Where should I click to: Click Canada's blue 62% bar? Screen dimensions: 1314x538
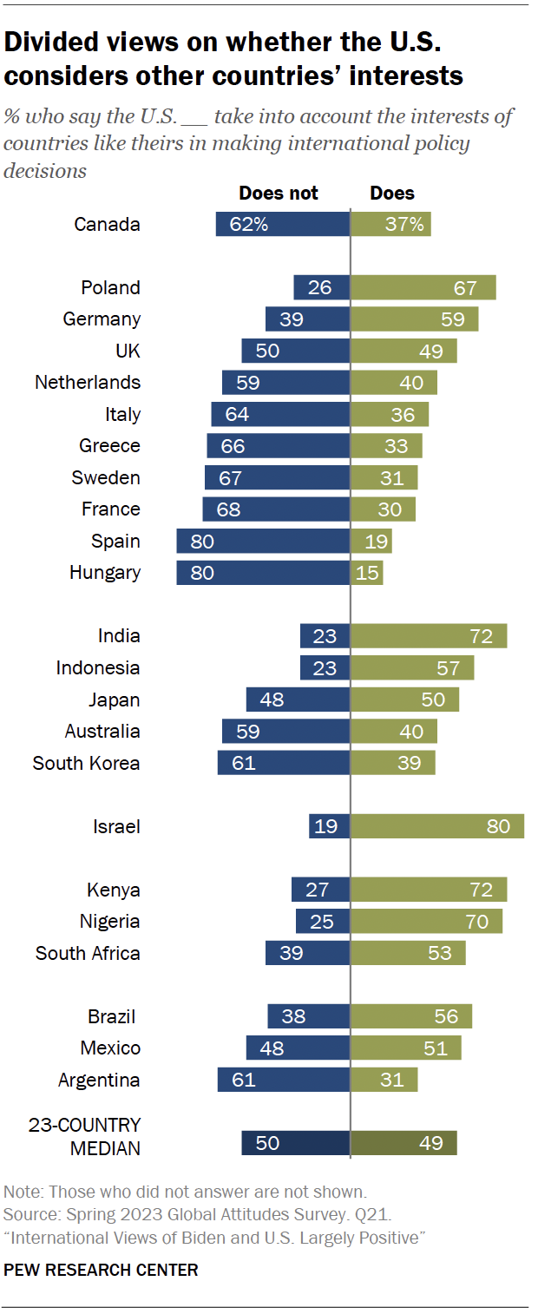[x=283, y=224]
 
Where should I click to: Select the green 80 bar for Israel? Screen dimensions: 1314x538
[x=437, y=826]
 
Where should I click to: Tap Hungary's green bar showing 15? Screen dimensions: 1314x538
[x=366, y=573]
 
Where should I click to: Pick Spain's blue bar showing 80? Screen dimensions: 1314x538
[x=263, y=541]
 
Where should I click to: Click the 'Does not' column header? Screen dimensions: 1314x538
[x=279, y=193]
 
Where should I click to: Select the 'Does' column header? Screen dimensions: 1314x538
[x=392, y=193]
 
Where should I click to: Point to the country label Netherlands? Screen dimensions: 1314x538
[x=88, y=383]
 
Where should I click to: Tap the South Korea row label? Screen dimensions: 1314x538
[x=86, y=763]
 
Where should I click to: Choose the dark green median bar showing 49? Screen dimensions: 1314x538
[x=403, y=1143]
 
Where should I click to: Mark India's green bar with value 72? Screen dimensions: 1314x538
[x=429, y=636]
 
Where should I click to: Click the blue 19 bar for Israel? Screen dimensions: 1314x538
[x=329, y=826]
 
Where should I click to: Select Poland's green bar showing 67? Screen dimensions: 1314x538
[x=423, y=287]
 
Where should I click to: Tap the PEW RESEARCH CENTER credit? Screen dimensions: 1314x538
[x=101, y=1270]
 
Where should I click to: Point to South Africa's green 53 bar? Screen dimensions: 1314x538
[x=408, y=953]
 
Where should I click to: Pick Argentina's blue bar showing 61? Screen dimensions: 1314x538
[x=284, y=1080]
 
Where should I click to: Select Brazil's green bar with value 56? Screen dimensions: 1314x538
[x=411, y=1016]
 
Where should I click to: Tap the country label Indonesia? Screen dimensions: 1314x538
[x=98, y=667]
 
